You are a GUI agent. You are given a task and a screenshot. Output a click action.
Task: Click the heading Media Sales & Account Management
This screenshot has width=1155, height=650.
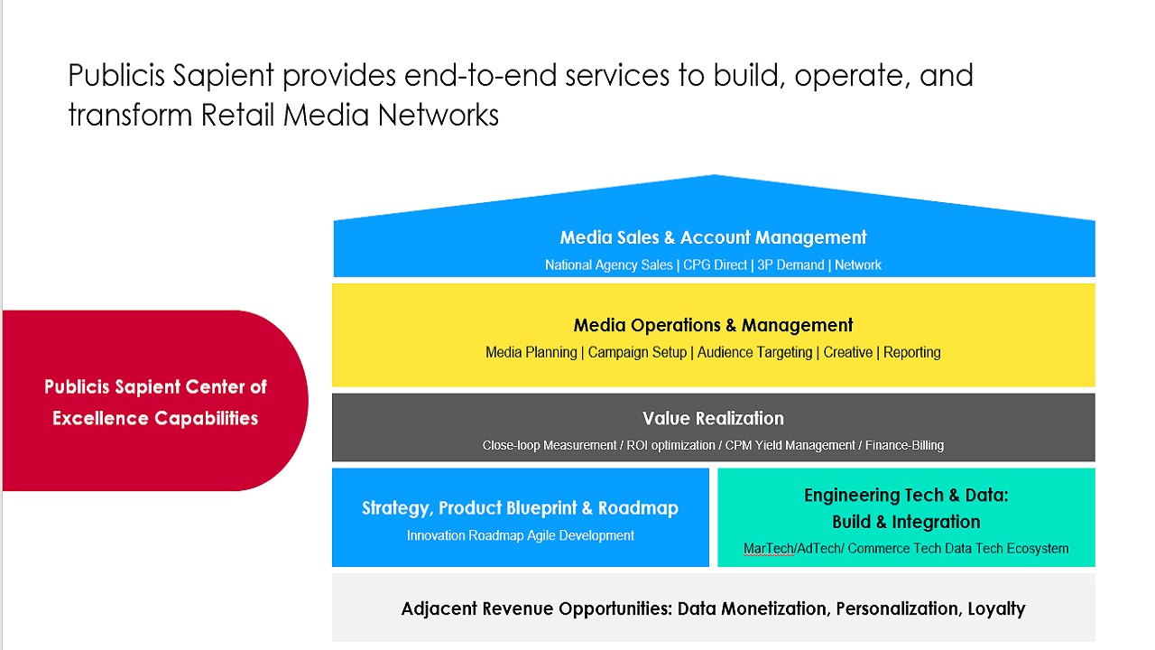713,237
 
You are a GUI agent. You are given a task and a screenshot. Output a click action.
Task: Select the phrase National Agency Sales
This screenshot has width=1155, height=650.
608,265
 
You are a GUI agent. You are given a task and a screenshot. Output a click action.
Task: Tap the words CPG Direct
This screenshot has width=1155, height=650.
715,265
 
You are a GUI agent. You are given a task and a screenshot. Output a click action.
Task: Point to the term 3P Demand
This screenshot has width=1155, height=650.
790,265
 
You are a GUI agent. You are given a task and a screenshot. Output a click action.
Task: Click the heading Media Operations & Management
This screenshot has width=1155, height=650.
713,325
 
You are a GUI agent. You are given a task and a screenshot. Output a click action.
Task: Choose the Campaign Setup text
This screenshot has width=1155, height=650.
637,353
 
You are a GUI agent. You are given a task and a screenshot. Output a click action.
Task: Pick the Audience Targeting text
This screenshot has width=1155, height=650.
754,353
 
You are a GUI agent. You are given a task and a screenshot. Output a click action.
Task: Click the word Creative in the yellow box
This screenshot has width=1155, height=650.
847,353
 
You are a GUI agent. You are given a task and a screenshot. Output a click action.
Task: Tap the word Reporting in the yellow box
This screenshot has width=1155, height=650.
912,353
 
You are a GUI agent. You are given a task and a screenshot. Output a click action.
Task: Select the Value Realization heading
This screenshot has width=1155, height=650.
713,418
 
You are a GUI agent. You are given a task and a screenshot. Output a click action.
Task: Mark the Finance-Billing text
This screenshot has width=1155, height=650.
904,446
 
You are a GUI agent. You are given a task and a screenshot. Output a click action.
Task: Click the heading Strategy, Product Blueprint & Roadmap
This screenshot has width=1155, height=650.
520,508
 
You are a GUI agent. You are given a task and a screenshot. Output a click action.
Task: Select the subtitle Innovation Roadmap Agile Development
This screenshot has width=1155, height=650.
520,536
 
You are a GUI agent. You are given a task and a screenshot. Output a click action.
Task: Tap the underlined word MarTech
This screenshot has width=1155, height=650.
769,549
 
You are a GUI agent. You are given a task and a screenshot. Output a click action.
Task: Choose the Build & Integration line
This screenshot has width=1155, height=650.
906,522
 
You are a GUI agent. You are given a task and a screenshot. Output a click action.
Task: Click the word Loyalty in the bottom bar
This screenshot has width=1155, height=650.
996,608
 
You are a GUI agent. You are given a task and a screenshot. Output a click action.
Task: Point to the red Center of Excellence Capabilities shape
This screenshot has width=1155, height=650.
155,402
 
